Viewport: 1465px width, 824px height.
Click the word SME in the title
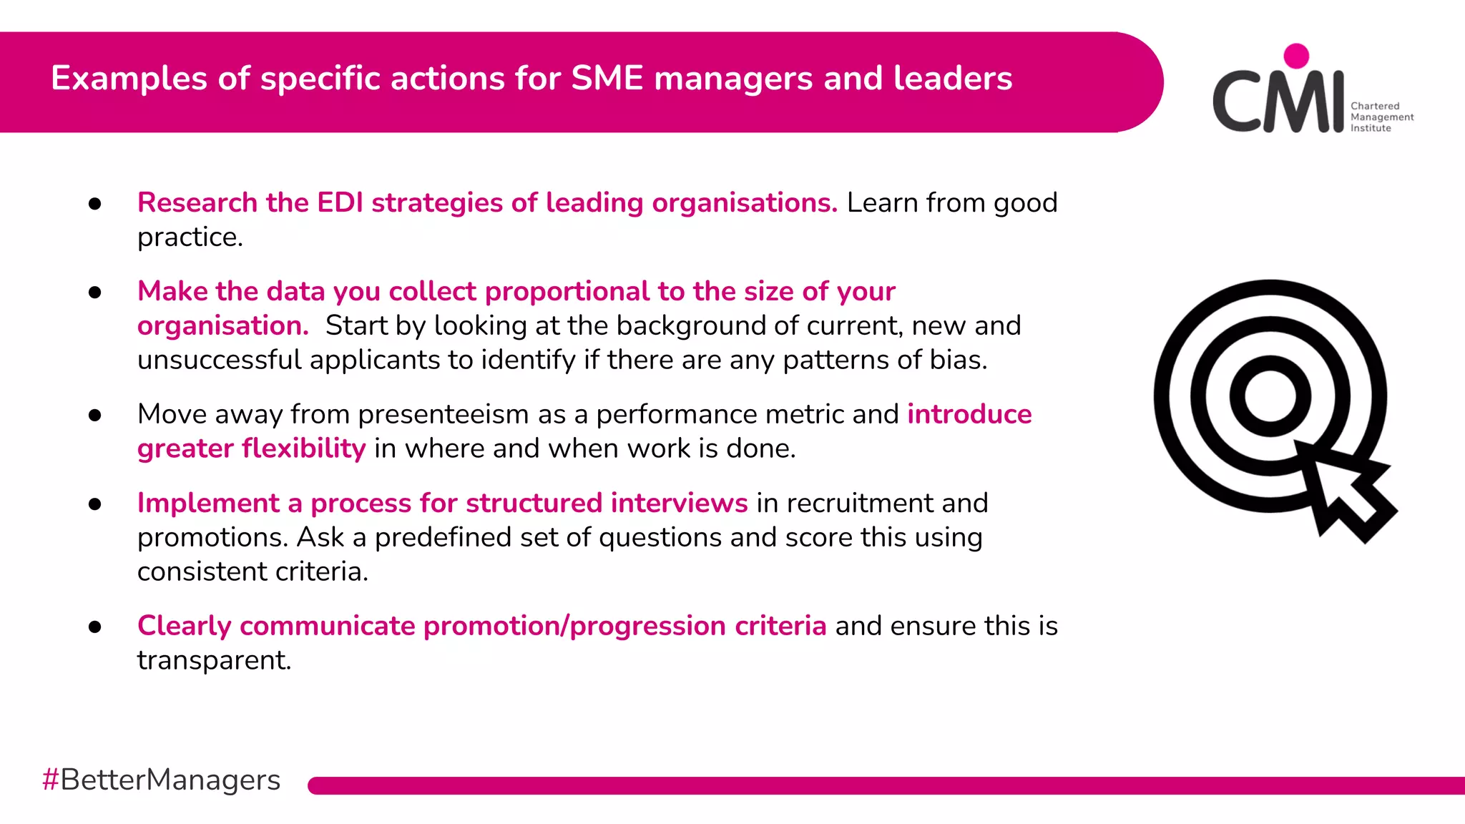pos(607,78)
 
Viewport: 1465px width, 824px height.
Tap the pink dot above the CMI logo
pos(1296,56)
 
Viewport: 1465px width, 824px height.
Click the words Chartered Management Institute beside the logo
pos(1381,117)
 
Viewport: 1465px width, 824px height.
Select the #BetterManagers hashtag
pos(161,780)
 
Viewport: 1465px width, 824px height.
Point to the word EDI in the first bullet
pos(340,202)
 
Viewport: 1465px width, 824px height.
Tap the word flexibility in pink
pos(304,448)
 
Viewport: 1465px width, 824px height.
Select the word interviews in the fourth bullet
pos(679,503)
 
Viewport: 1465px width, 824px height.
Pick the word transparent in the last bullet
pos(214,660)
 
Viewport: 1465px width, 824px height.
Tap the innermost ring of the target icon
pos(1270,396)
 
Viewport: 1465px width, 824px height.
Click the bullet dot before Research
pos(95,205)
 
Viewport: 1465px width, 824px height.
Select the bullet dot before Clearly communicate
pos(95,627)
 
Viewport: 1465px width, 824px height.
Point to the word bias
pos(958,360)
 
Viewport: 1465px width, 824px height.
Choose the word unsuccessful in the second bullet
pos(219,360)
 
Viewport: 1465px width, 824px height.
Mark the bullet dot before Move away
pos(95,416)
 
